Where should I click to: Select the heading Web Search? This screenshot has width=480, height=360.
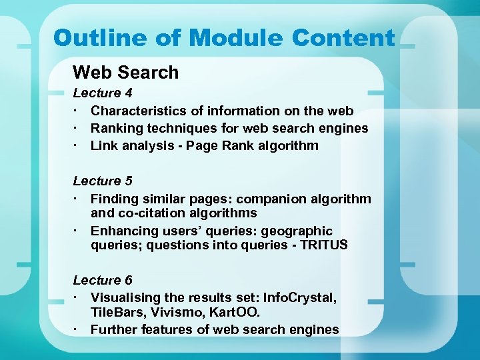[x=125, y=72]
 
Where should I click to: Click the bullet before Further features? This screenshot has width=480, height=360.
[x=77, y=329]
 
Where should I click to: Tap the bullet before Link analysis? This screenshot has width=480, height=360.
[x=77, y=145]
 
